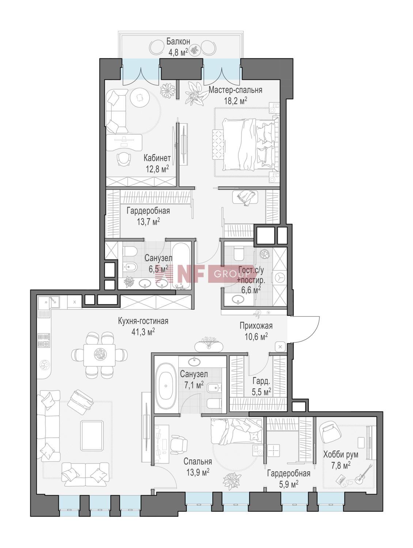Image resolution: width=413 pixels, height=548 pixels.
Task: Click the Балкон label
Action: point(178,41)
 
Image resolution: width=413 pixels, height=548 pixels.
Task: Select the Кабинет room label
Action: point(157,158)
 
